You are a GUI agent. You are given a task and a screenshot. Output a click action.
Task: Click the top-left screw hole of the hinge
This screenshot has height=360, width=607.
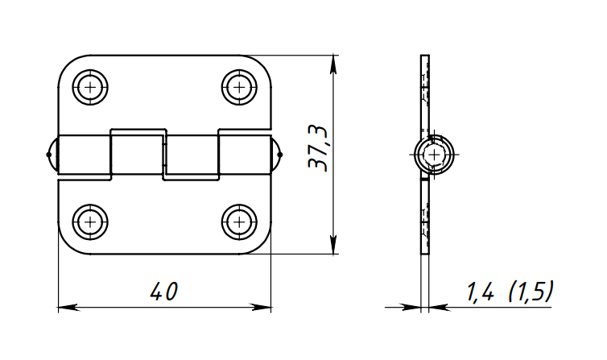pos(90,87)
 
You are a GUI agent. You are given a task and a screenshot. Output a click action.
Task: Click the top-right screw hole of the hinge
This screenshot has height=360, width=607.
pos(240,87)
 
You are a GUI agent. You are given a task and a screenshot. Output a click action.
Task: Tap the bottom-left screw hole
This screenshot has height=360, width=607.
pos(90,221)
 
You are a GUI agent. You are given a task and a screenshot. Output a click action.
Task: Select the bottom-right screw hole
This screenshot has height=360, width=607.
pos(240,221)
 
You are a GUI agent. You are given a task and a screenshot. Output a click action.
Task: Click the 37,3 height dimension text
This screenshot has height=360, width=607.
pos(318,148)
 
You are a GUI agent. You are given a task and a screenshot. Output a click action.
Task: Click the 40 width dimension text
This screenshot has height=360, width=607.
pos(164,291)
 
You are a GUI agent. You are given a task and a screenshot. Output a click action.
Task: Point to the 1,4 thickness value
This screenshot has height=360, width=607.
pos(480,291)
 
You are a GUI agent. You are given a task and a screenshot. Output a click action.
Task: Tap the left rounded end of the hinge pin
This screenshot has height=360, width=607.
pos(52,155)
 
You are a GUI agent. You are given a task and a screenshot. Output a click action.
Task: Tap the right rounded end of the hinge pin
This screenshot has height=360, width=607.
pos(276,155)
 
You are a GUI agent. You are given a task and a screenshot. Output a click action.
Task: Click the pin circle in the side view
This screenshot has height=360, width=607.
pos(435,155)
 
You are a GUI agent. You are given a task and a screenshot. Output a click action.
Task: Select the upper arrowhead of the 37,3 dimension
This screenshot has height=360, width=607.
pos(333,64)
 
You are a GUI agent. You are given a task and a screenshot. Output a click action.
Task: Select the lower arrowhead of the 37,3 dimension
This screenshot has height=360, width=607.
pos(333,245)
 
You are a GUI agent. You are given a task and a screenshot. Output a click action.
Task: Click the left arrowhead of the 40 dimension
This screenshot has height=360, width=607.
pos(68,308)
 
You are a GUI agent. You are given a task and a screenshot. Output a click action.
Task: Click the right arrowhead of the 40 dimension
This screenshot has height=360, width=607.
pos(261,308)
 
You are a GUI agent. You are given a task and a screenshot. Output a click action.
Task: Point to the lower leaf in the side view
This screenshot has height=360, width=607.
pos(425,216)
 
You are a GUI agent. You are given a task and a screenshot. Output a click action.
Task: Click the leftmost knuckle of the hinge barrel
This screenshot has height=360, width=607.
pos(84,155)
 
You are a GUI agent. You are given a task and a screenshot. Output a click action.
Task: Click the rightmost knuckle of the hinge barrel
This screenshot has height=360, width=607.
pos(245,155)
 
